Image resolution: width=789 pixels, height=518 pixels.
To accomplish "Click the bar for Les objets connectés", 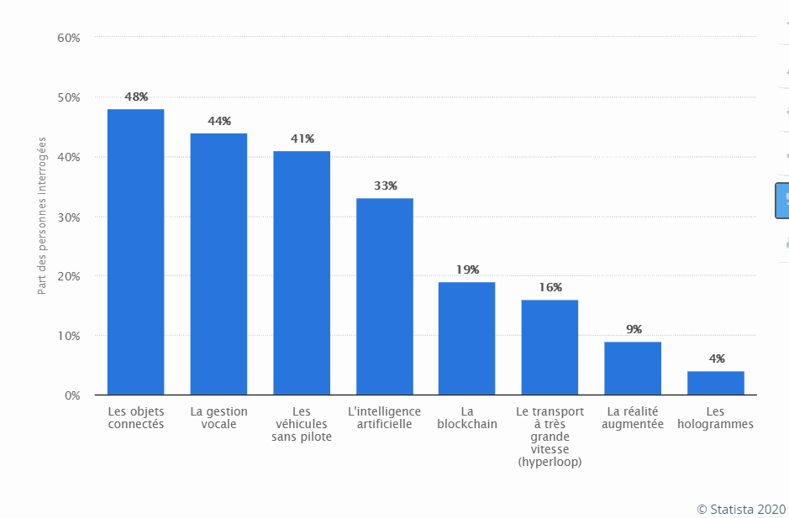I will tap(135, 252).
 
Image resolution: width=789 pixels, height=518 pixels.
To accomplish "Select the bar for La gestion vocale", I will tap(218, 264).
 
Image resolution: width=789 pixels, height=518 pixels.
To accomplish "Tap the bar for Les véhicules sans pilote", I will tap(302, 273).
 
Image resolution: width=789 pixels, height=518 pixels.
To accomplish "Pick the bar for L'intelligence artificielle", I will tap(385, 296).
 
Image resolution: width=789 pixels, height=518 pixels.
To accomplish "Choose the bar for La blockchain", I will tap(467, 338).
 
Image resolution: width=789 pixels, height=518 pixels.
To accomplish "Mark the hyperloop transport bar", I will tap(550, 348).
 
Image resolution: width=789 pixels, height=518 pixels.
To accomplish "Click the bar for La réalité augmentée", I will tap(633, 368).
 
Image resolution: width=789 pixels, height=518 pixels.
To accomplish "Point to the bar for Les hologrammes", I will tap(716, 383).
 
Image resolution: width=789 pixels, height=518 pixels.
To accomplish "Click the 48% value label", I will tap(136, 97).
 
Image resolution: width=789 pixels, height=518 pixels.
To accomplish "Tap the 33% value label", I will tap(385, 186).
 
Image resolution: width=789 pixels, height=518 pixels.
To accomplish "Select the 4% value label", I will tap(717, 358).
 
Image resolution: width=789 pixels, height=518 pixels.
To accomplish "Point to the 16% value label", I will tap(550, 288).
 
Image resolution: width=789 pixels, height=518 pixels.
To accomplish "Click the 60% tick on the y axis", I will tap(69, 38).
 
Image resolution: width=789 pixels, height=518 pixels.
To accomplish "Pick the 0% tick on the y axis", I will tap(71, 395).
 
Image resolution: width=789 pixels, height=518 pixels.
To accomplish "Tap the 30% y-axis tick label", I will tap(69, 217).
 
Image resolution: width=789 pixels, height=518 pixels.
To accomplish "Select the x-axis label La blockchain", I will tap(467, 418).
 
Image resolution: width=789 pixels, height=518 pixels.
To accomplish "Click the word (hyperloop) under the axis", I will tap(550, 463).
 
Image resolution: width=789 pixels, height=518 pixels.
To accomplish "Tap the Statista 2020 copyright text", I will tap(741, 509).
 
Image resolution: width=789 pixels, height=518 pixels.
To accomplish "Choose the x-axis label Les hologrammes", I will tap(716, 418).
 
